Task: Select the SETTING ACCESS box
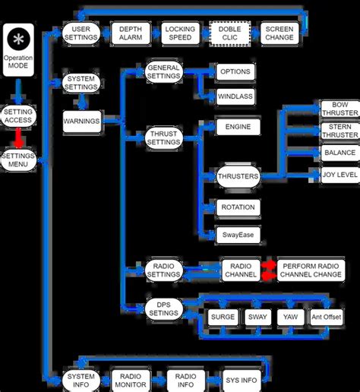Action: coord(18,114)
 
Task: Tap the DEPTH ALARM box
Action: coord(130,33)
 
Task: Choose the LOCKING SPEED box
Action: coord(179,33)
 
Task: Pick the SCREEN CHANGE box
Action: coord(279,33)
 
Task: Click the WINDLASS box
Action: coord(235,97)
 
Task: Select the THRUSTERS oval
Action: coord(238,176)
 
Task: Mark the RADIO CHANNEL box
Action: coord(241,270)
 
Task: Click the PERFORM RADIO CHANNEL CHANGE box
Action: coord(311,270)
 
